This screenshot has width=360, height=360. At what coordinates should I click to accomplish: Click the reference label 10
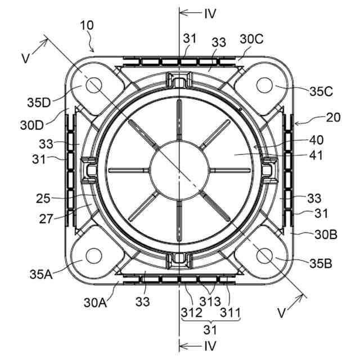pos(87,25)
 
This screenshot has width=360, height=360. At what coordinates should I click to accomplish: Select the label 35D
pos(39,102)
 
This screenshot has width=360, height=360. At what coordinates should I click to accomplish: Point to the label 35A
pos(41,274)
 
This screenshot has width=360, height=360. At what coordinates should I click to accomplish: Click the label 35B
pos(321,264)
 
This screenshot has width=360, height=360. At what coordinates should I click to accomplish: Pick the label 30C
pos(251,39)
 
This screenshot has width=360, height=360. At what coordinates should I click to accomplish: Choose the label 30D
pos(32,125)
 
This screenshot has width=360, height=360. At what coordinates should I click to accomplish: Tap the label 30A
pos(95,303)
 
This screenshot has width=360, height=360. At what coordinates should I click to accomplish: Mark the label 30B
pos(326,235)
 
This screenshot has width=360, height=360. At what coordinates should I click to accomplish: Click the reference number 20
pos(333,118)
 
